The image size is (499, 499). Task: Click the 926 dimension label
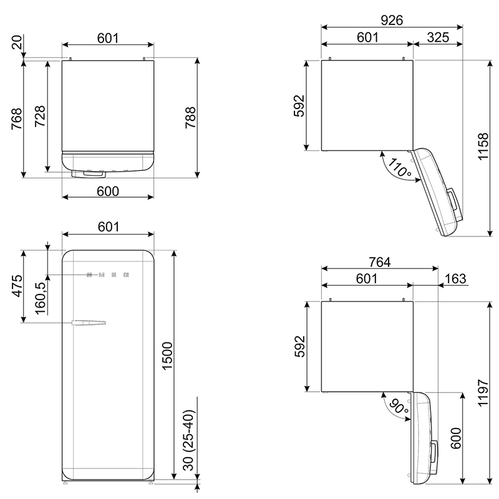tap(392, 21)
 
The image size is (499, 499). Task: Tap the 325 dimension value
tap(438, 37)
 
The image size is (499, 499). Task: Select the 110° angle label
tap(399, 167)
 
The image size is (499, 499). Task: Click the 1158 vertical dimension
tap(483, 147)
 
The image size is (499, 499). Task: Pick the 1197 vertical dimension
tap(483, 393)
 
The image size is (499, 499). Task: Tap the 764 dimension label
tap(380, 262)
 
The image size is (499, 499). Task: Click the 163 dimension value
tap(456, 279)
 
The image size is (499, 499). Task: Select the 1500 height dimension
tap(167, 356)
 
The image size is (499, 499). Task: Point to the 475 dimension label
tap(17, 286)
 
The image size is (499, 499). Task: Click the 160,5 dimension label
tap(41, 298)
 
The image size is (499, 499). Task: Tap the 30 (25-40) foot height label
tap(188, 440)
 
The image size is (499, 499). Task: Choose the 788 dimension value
tap(190, 117)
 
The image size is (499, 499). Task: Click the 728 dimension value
tap(40, 116)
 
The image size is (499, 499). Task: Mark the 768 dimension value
tap(17, 119)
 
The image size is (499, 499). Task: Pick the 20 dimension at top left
tap(17, 42)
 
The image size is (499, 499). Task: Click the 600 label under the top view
tap(108, 191)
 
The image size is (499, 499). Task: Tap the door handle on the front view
tap(89, 322)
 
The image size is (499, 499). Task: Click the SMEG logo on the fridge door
tap(108, 274)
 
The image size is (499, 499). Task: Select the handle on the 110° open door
tap(454, 200)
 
